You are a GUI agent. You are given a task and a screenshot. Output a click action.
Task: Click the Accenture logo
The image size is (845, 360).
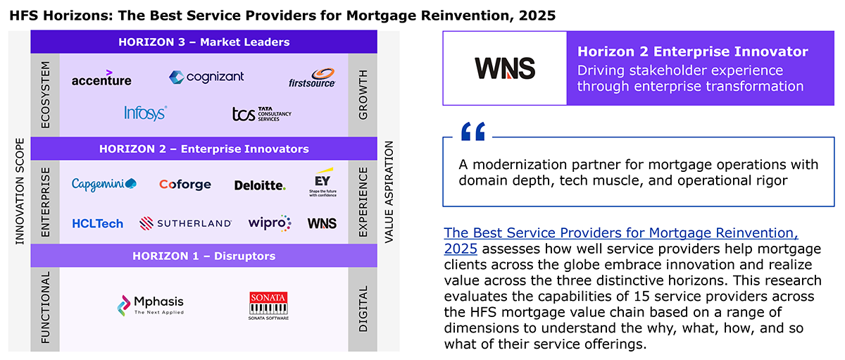(x=101, y=78)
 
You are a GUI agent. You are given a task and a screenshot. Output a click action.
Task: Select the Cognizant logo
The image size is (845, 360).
(x=206, y=77)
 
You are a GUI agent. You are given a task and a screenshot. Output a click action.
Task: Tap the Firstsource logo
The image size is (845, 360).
(x=312, y=78)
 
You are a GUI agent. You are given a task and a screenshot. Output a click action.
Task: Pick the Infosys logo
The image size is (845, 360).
(x=145, y=113)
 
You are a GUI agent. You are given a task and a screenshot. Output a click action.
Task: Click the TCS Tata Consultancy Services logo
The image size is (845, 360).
(x=261, y=113)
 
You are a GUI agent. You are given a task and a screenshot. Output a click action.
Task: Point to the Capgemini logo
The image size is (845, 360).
(x=104, y=184)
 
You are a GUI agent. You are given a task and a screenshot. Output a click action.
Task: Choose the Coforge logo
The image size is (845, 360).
(x=184, y=184)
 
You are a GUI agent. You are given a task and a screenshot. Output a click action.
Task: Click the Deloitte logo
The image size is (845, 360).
(x=260, y=185)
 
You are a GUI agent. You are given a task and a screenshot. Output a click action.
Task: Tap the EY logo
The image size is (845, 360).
(x=323, y=182)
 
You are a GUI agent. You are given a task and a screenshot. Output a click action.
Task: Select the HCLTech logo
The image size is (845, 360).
(x=97, y=224)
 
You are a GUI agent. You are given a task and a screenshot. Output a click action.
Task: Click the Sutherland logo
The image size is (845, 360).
(x=185, y=223)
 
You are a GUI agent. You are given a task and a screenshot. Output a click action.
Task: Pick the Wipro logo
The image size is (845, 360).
(x=270, y=223)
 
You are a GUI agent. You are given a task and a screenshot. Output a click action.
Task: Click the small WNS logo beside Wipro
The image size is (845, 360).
(x=322, y=223)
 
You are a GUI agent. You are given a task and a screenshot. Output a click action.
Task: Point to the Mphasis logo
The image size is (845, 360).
(x=151, y=305)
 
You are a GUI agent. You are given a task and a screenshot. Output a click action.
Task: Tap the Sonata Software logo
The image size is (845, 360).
(x=268, y=306)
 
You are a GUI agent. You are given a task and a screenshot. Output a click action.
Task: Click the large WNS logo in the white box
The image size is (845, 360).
(x=505, y=68)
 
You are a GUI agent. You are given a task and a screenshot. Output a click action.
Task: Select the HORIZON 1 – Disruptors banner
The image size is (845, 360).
(x=204, y=256)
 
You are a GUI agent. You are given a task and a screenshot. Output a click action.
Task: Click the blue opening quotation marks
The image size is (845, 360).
(x=473, y=131)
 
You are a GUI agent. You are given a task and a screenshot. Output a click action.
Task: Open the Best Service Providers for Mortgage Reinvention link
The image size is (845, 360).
(x=621, y=241)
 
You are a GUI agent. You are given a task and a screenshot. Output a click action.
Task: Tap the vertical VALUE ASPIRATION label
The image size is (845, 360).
(x=389, y=192)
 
